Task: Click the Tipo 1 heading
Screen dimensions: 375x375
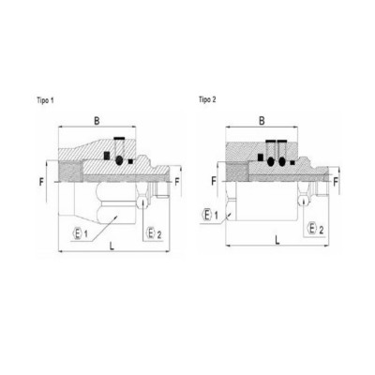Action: (45, 100)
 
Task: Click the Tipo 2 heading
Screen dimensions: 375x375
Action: (207, 99)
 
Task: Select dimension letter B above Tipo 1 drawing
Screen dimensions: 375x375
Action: (97, 121)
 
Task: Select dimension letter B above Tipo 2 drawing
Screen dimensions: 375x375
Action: (262, 121)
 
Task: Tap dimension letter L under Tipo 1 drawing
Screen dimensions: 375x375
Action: (112, 246)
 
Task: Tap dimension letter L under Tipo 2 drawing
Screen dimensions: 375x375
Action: (277, 240)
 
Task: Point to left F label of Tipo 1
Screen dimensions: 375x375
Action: (41, 182)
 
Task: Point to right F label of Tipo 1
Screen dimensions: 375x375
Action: (177, 182)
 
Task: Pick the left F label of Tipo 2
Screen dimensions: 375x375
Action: (214, 181)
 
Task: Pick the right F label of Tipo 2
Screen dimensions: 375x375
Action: (336, 182)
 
